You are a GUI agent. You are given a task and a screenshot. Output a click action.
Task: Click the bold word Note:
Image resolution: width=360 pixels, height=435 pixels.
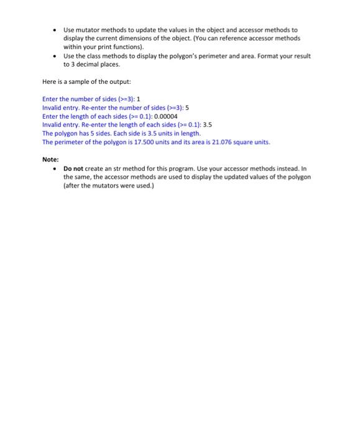click(50, 159)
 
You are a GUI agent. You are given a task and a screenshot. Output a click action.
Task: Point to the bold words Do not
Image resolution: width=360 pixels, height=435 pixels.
click(75, 168)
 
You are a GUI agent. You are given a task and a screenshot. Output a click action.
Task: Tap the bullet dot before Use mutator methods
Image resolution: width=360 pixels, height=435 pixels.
click(55, 30)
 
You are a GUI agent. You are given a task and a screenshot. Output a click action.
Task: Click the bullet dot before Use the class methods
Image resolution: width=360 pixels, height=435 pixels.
click(55, 56)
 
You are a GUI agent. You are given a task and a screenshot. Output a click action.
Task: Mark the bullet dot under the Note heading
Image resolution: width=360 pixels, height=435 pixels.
click(55, 168)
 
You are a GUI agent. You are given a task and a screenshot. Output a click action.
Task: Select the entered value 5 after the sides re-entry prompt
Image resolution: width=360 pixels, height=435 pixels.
click(187, 108)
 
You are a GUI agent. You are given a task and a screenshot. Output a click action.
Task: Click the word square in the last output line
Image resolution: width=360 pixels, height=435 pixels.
click(245, 142)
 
